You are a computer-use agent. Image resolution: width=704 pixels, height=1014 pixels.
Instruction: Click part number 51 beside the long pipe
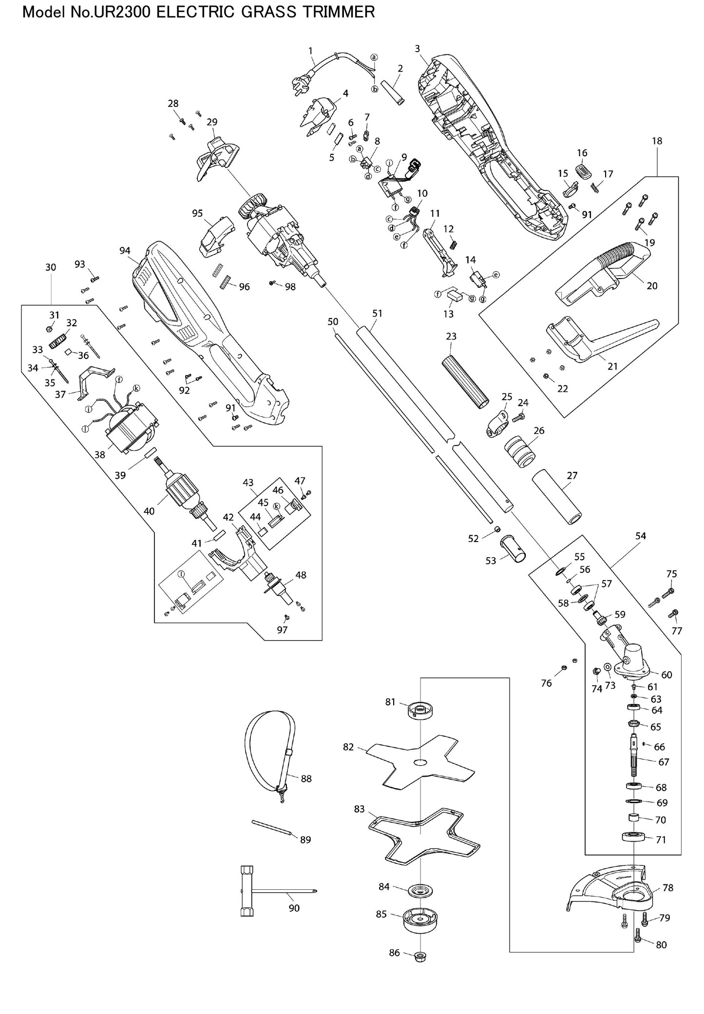[377, 314]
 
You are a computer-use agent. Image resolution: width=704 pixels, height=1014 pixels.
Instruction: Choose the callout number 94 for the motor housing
[125, 251]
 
